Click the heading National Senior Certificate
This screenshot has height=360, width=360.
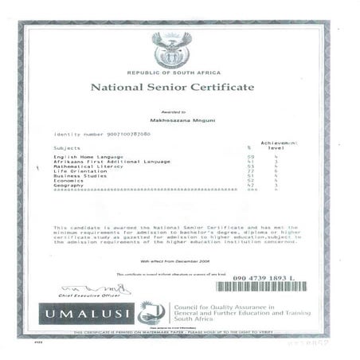(172, 86)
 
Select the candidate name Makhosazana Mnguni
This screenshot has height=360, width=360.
(172, 117)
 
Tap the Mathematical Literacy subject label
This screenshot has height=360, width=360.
(88, 166)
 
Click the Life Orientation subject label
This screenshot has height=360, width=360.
(78, 171)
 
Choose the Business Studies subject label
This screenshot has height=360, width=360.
(80, 176)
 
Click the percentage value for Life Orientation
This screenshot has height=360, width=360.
(249, 171)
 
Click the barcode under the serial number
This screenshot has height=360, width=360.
(271, 287)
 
